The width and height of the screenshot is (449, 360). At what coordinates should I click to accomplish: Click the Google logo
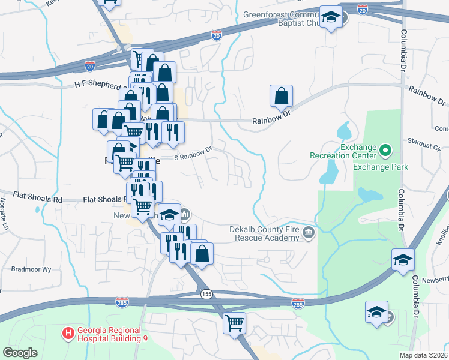click(x=20, y=352)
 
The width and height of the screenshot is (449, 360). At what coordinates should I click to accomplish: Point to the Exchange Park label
click(x=381, y=166)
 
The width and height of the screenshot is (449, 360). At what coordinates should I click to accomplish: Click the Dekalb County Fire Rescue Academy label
click(x=264, y=233)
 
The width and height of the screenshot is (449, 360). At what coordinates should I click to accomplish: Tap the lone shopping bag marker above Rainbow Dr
click(x=281, y=95)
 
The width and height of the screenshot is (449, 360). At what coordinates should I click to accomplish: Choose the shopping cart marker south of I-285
click(x=234, y=323)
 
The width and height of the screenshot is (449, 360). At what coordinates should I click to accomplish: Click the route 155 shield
click(x=206, y=294)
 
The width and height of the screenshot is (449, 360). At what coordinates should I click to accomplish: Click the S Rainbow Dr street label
click(x=193, y=154)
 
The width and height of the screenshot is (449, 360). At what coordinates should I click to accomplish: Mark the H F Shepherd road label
click(x=98, y=86)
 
